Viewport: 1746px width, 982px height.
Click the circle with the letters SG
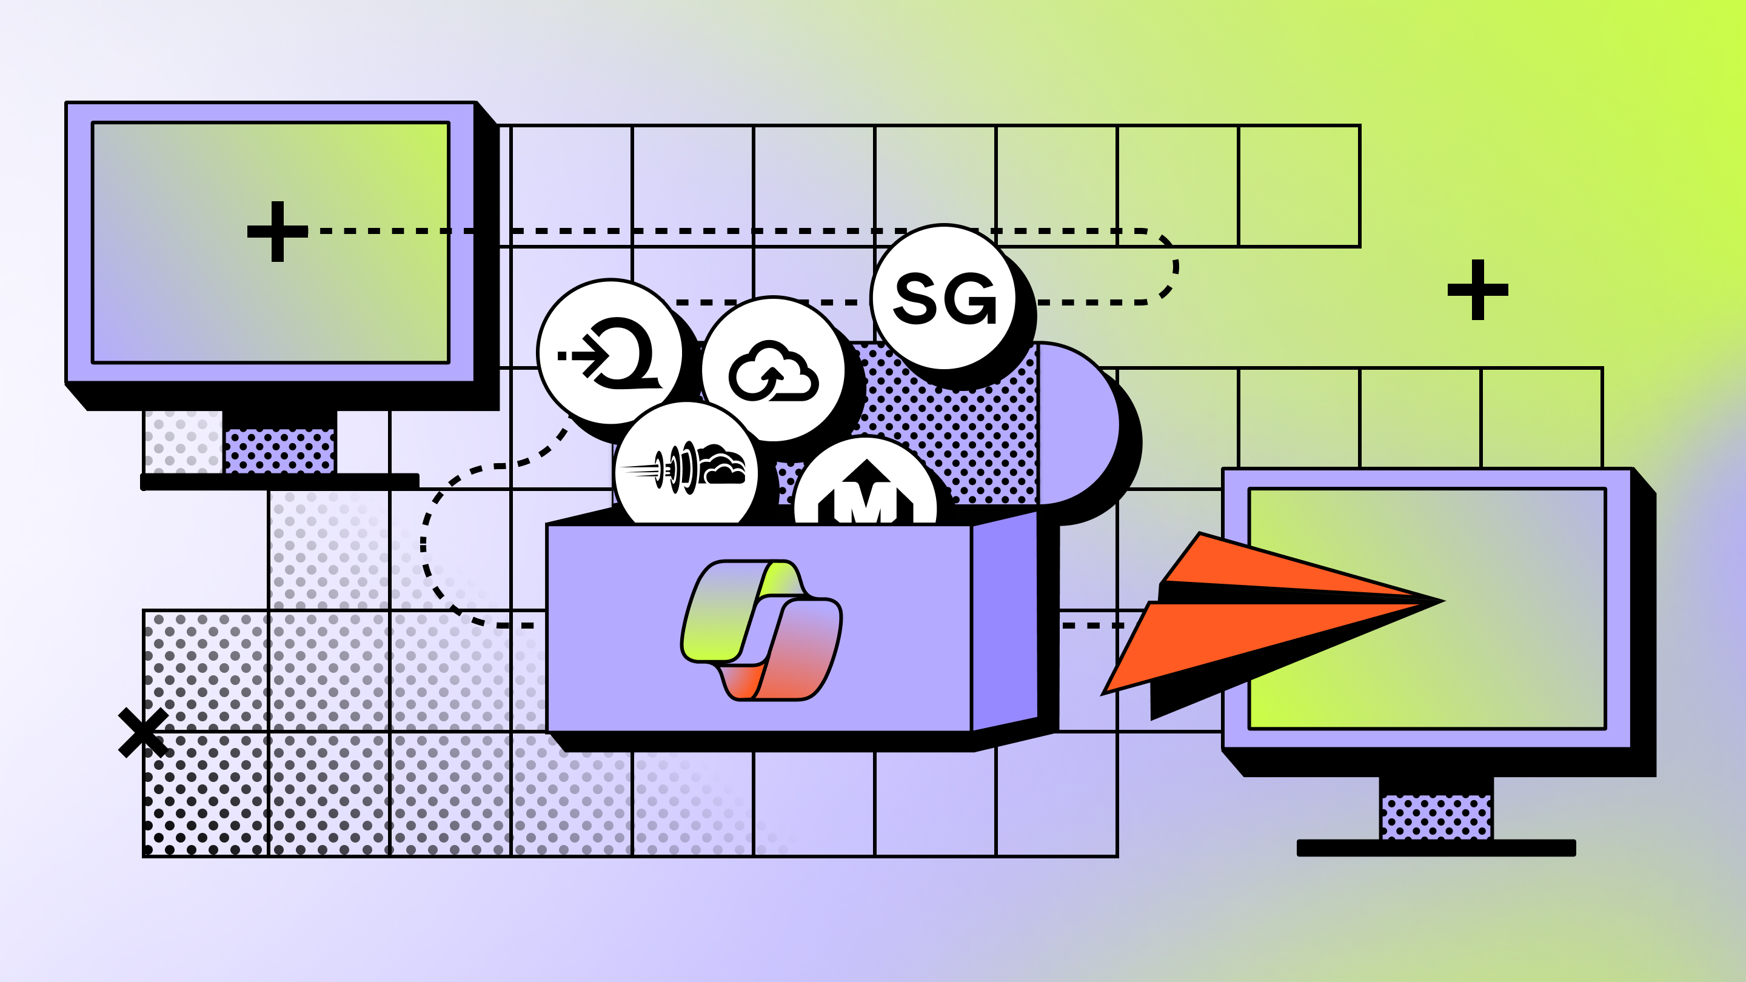943,298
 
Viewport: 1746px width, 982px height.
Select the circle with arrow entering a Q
610,352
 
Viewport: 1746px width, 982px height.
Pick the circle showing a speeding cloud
686,467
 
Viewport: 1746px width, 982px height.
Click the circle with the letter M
866,492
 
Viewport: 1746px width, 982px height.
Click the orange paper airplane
1254,624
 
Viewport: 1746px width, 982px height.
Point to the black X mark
142,733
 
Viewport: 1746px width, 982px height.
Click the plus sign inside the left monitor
277,231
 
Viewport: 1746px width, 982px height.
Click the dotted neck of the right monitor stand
1436,817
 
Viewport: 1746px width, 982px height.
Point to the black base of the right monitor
1436,848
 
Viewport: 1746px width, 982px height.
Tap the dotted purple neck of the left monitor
279,450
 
